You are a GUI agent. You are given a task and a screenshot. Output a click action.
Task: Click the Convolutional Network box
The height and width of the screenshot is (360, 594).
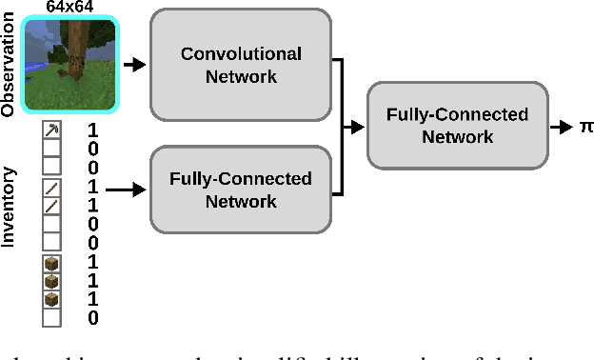click(240, 63)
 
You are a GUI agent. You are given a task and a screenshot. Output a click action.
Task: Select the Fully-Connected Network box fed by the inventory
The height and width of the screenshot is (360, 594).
click(240, 190)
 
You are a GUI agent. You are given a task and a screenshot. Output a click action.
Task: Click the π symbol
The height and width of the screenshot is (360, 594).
click(584, 126)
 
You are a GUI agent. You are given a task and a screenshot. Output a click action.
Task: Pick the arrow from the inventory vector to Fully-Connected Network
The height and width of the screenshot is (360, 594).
click(126, 190)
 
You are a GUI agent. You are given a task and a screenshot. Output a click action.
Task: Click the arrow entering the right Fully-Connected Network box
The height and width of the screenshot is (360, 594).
click(353, 126)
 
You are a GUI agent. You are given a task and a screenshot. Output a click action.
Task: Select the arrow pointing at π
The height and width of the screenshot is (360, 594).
click(564, 126)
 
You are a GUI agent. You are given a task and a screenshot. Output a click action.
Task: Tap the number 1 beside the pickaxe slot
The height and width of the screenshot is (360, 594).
click(92, 130)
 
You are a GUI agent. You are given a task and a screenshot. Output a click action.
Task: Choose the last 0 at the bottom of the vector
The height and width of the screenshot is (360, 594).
click(92, 317)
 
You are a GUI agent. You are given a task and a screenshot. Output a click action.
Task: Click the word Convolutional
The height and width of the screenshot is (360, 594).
click(240, 53)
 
